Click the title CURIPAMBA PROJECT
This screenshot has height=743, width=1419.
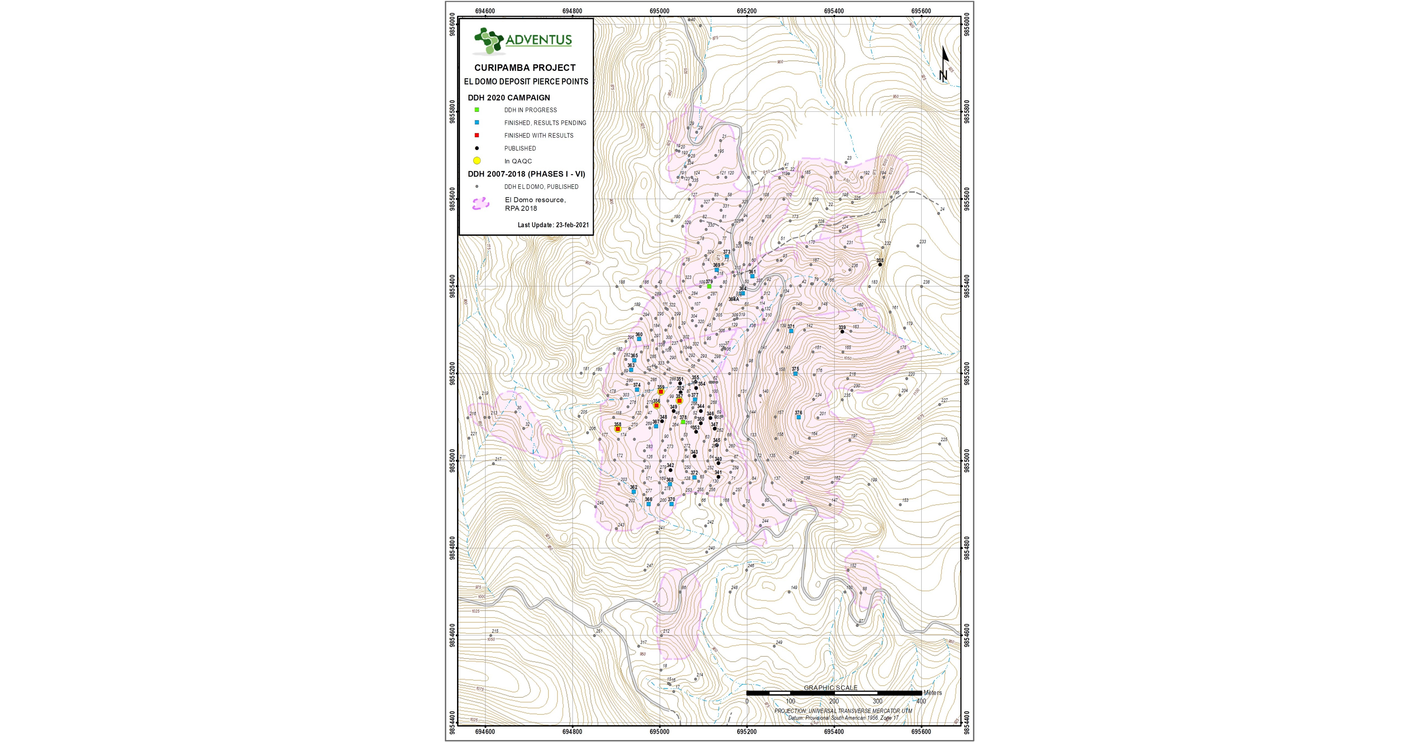tap(525, 68)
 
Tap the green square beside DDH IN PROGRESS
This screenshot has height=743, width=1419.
tap(477, 110)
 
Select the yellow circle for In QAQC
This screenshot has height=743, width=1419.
tap(477, 161)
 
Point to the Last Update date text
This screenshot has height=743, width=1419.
tap(553, 225)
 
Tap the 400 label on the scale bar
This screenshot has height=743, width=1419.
tap(920, 701)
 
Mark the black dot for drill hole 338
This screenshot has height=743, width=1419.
tap(880, 265)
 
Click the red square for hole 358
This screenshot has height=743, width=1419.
tap(618, 429)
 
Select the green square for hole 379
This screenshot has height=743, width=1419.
tap(709, 287)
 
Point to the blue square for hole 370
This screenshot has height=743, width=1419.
tap(671, 504)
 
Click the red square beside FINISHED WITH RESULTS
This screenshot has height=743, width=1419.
tap(477, 135)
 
